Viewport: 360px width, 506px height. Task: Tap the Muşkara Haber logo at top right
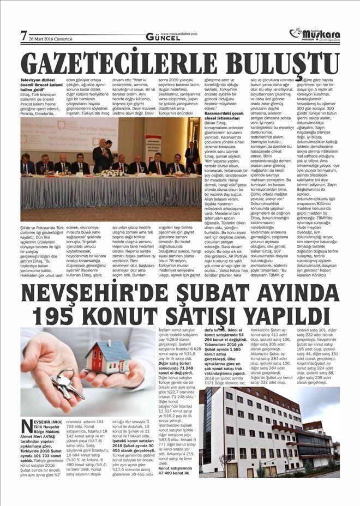coord(316,34)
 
